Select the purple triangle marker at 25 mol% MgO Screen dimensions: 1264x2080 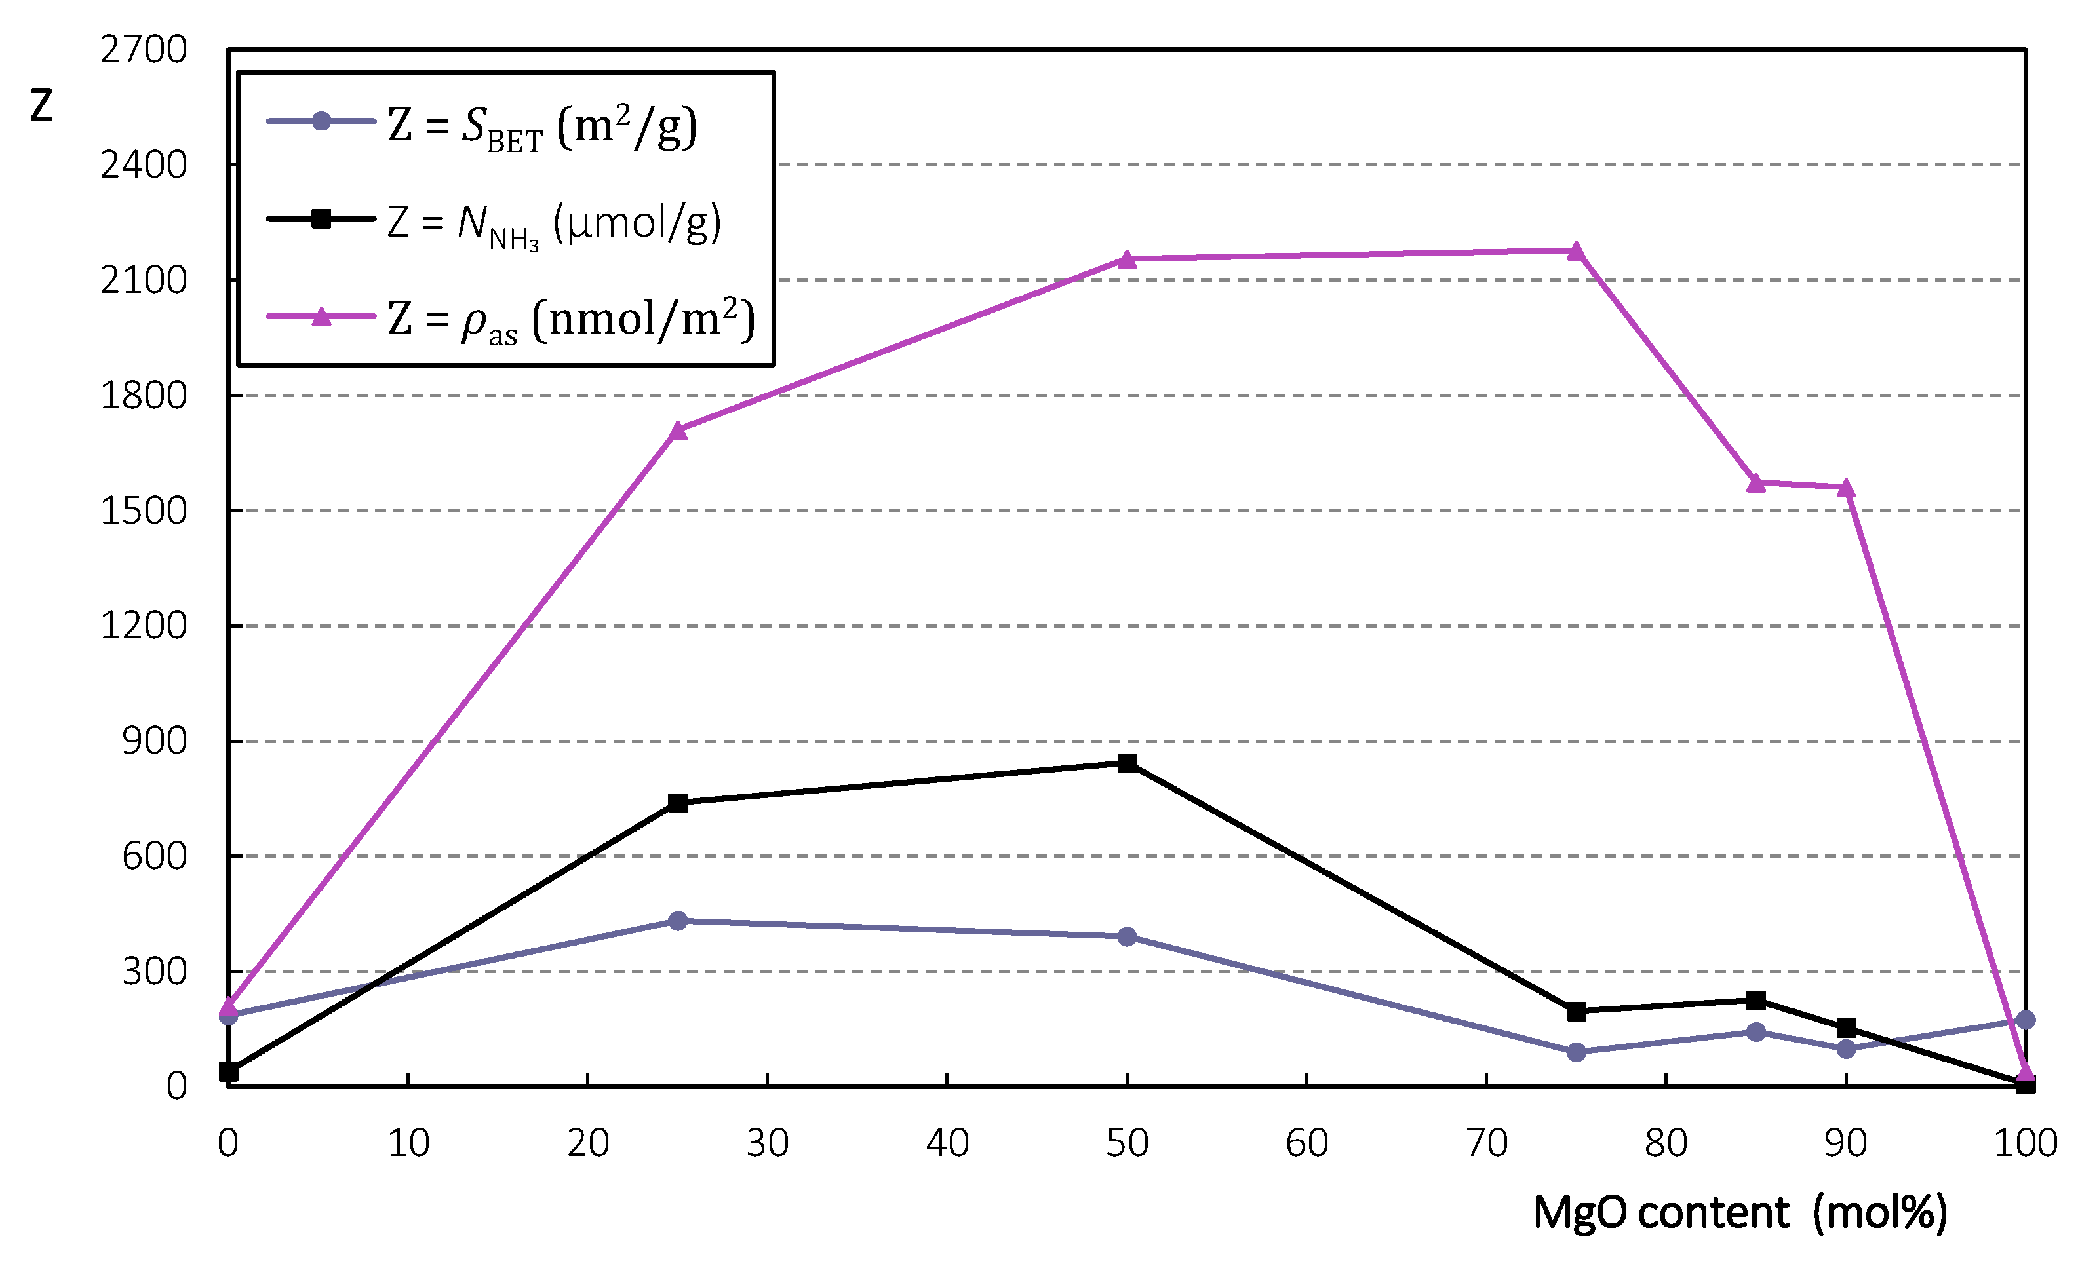point(677,431)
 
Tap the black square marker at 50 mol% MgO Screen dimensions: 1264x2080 point(1127,763)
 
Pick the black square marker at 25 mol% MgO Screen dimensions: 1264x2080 point(677,803)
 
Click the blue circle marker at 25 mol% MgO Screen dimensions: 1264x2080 point(677,921)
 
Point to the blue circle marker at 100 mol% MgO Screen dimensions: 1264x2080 point(2025,1020)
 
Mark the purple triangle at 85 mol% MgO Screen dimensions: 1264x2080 point(1756,484)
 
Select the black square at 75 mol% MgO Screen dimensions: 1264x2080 point(1575,1011)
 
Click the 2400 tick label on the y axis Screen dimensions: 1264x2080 point(144,164)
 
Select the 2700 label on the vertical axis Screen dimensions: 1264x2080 point(144,50)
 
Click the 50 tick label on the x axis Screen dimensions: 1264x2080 point(1127,1143)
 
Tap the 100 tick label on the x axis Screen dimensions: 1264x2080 point(2025,1143)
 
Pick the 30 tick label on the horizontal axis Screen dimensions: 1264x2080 point(768,1143)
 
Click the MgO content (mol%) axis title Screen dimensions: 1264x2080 point(1739,1212)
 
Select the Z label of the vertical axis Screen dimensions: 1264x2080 point(41,106)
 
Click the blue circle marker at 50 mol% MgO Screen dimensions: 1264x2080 point(1127,936)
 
